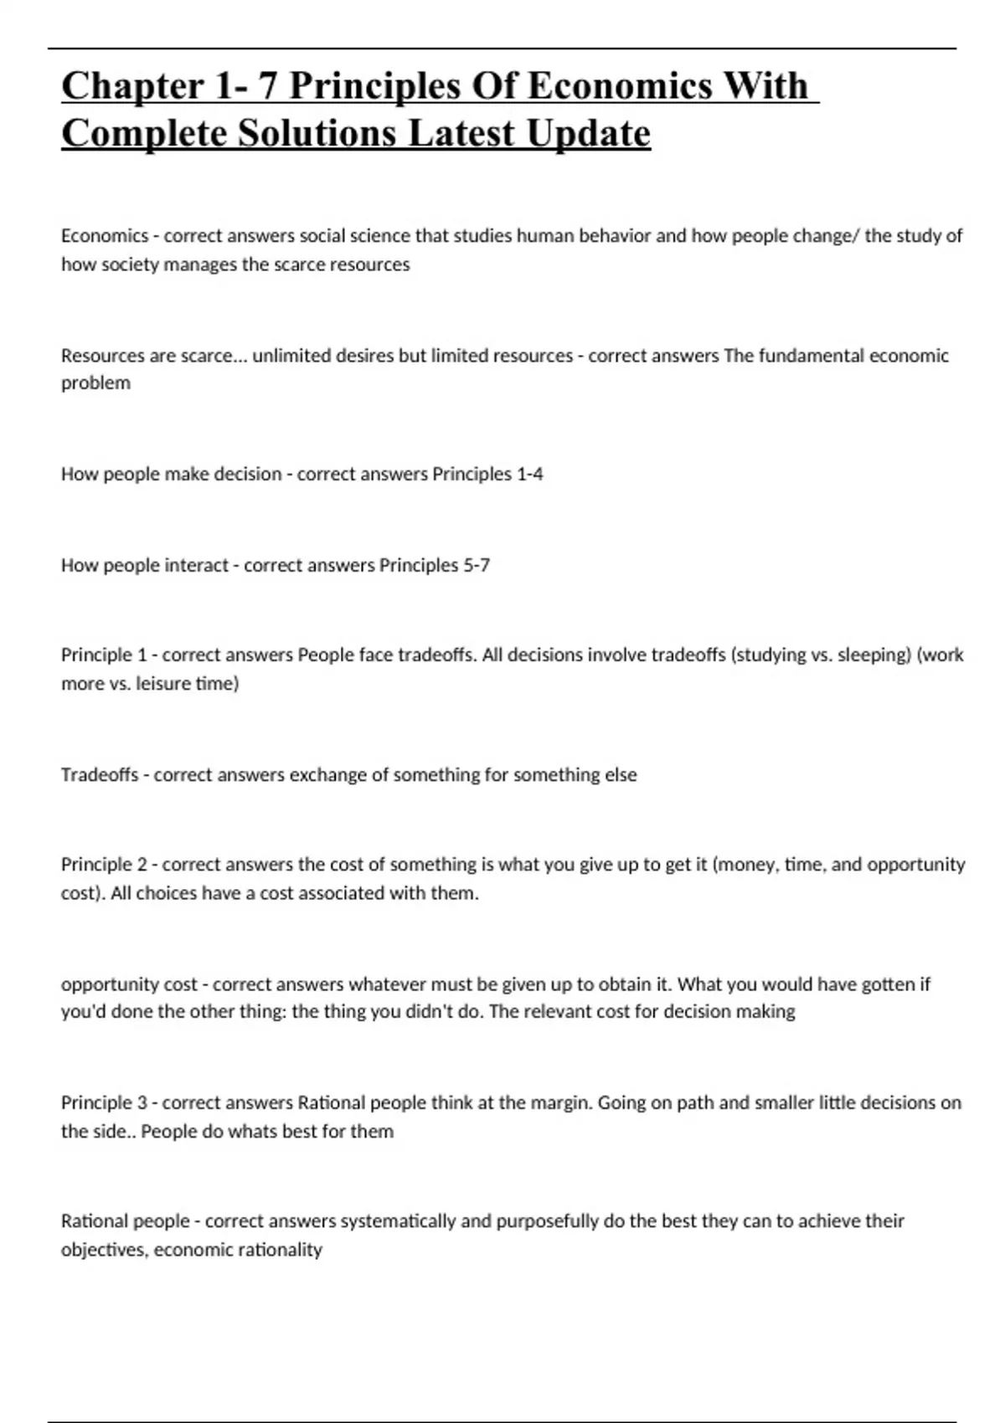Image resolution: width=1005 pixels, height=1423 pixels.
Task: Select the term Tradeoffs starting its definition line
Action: [x=100, y=775]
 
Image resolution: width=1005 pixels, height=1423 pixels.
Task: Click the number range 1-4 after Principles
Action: [x=529, y=475]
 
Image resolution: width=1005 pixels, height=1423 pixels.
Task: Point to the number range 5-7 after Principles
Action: [x=477, y=566]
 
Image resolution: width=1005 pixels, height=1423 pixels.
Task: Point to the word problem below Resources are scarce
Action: [x=95, y=383]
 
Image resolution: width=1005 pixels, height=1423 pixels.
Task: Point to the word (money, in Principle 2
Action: [x=746, y=865]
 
